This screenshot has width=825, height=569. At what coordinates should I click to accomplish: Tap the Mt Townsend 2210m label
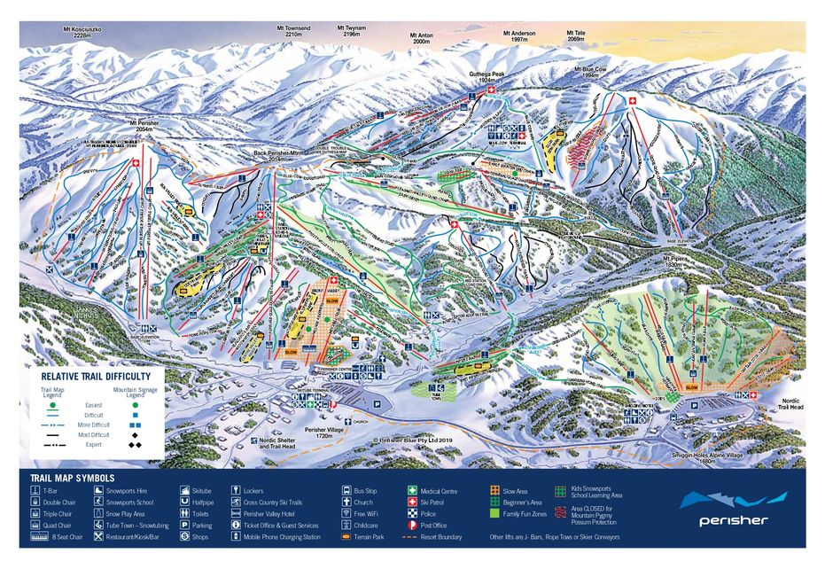coord(292,32)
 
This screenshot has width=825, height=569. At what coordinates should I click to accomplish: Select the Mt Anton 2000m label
coord(420,38)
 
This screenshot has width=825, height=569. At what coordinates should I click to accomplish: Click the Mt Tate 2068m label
coord(576,36)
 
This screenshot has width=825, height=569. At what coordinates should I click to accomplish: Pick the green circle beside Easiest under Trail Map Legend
coord(53,404)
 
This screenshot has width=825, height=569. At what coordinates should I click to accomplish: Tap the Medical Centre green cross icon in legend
coord(413,489)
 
